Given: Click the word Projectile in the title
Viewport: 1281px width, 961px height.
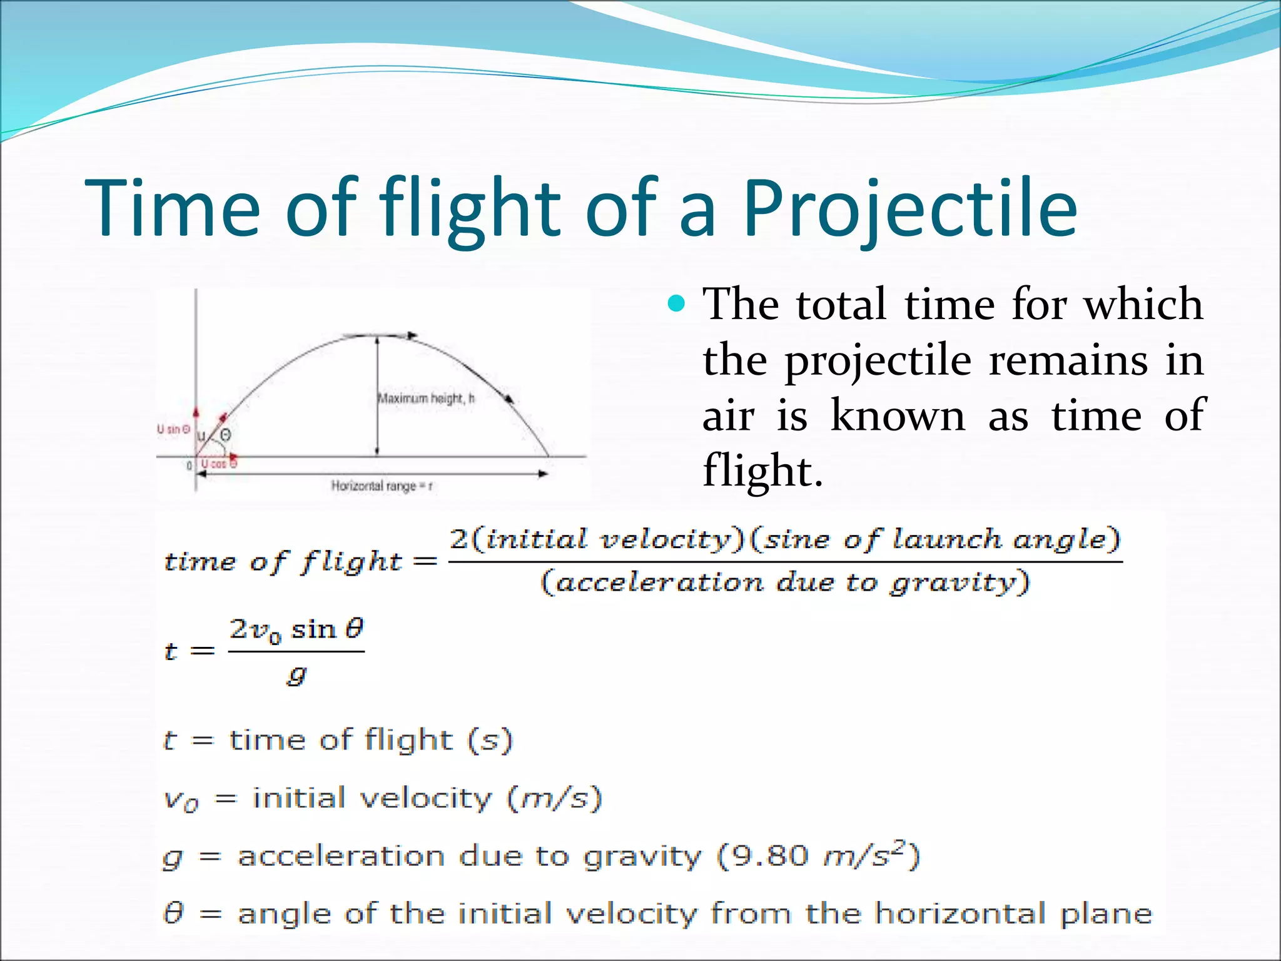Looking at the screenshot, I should click(x=909, y=210).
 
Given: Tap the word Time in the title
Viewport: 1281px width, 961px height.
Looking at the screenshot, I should click(x=172, y=210).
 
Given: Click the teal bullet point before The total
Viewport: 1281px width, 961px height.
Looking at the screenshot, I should click(x=676, y=305).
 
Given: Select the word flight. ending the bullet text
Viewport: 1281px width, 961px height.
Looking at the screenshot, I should click(x=762, y=470).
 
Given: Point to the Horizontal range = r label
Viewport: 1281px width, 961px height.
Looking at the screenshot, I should click(x=382, y=486).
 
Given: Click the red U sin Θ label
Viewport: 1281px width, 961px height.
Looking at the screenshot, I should click(x=173, y=429).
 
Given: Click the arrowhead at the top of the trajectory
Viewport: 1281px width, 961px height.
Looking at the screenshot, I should click(x=411, y=336).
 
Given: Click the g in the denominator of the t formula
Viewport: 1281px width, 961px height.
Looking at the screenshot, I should click(x=296, y=675).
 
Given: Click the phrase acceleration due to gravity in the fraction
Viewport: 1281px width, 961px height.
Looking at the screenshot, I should click(x=785, y=582).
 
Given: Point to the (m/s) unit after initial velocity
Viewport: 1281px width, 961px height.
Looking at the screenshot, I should click(x=554, y=799).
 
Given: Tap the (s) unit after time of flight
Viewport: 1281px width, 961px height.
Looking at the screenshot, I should click(x=490, y=741).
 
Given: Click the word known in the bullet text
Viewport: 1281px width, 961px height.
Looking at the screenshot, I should click(x=898, y=415).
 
